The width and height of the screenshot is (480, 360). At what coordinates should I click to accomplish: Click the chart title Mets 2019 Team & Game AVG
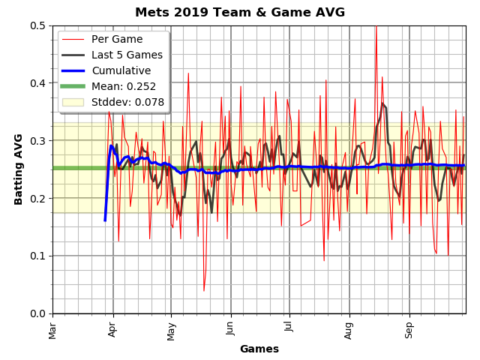240,13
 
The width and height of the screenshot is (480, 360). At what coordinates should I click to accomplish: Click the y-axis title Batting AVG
19,169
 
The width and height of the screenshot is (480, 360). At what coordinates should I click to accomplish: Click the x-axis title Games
259,349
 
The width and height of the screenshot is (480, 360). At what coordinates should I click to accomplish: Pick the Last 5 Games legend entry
127,55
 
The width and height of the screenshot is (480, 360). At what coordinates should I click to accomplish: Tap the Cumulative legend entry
121,70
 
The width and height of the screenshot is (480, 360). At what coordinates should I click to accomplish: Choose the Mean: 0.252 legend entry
124,86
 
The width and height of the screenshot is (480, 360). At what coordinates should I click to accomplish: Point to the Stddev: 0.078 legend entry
127,102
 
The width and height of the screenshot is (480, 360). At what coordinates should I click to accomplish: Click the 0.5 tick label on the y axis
37,25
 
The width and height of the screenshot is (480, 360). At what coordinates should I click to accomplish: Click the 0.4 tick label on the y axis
37,83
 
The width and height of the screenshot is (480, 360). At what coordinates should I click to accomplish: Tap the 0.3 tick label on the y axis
37,141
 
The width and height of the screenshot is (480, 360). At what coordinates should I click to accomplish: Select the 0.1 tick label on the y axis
37,256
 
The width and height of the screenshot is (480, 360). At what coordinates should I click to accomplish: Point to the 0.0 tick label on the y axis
37,313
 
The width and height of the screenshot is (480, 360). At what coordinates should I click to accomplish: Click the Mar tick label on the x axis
52,329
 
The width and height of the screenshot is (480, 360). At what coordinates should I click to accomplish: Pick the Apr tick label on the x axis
112,329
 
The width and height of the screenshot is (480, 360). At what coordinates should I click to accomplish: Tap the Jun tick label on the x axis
230,329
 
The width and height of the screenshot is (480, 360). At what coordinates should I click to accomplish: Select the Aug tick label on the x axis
349,329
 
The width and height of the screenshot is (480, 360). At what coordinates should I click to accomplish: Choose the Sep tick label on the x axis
409,329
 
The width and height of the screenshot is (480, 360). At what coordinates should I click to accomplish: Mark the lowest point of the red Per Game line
203,291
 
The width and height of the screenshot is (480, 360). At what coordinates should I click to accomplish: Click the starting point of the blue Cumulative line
105,220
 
